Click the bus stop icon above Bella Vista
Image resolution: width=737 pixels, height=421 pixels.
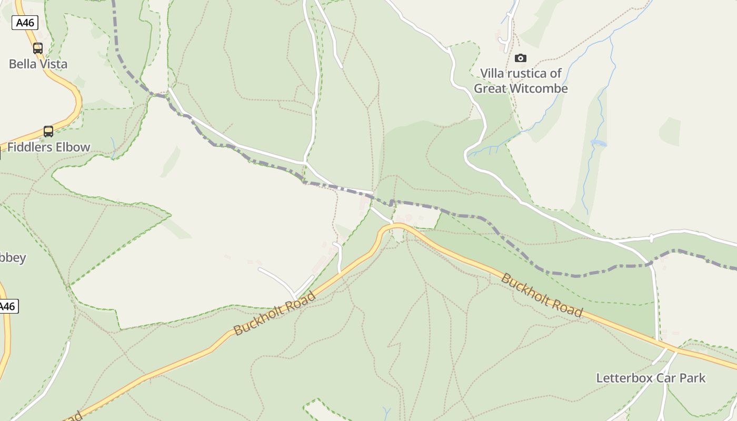coord(38,48)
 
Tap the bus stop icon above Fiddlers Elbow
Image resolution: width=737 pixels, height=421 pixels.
coord(48,132)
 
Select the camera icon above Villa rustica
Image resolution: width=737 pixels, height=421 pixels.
coord(521,58)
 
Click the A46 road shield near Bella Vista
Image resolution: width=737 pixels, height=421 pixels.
coord(24,23)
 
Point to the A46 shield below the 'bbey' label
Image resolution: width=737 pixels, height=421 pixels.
coord(7,306)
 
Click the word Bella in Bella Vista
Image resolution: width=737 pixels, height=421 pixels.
coord(23,64)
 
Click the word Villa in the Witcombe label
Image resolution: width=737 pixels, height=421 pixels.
coord(492,73)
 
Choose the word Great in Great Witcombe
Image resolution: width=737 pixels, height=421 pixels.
coord(489,88)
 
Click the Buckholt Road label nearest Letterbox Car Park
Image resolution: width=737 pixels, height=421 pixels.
coord(542,295)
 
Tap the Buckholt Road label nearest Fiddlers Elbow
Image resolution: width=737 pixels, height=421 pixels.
coord(275,313)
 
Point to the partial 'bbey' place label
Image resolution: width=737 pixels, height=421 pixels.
coord(13,258)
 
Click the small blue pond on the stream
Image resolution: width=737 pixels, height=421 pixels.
coord(599,143)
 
